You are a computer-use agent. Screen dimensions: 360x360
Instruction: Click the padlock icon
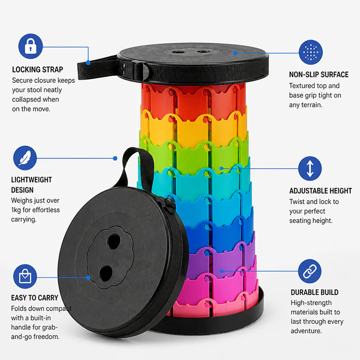[31, 46]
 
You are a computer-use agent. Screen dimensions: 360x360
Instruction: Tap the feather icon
[25, 158]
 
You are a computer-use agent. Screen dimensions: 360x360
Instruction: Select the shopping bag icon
[25, 276]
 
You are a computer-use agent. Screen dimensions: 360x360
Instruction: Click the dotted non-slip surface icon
[311, 52]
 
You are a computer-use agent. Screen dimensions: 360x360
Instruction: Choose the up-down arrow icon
[310, 168]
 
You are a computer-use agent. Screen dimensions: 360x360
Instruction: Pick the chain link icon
[310, 271]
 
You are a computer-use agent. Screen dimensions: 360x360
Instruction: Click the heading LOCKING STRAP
[37, 70]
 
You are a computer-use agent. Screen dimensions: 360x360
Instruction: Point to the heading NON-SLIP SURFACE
[319, 75]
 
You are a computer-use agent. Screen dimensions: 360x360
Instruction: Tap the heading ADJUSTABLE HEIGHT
[321, 191]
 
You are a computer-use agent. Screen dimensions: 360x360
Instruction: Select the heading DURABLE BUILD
[315, 292]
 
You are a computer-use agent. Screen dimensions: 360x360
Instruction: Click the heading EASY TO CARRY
[35, 298]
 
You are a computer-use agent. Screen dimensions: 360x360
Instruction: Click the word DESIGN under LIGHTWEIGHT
[22, 190]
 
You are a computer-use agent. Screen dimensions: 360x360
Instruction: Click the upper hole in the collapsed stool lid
[114, 242]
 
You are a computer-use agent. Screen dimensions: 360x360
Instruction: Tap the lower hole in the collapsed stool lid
[105, 273]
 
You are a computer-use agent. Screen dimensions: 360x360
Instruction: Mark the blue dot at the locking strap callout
[88, 63]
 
